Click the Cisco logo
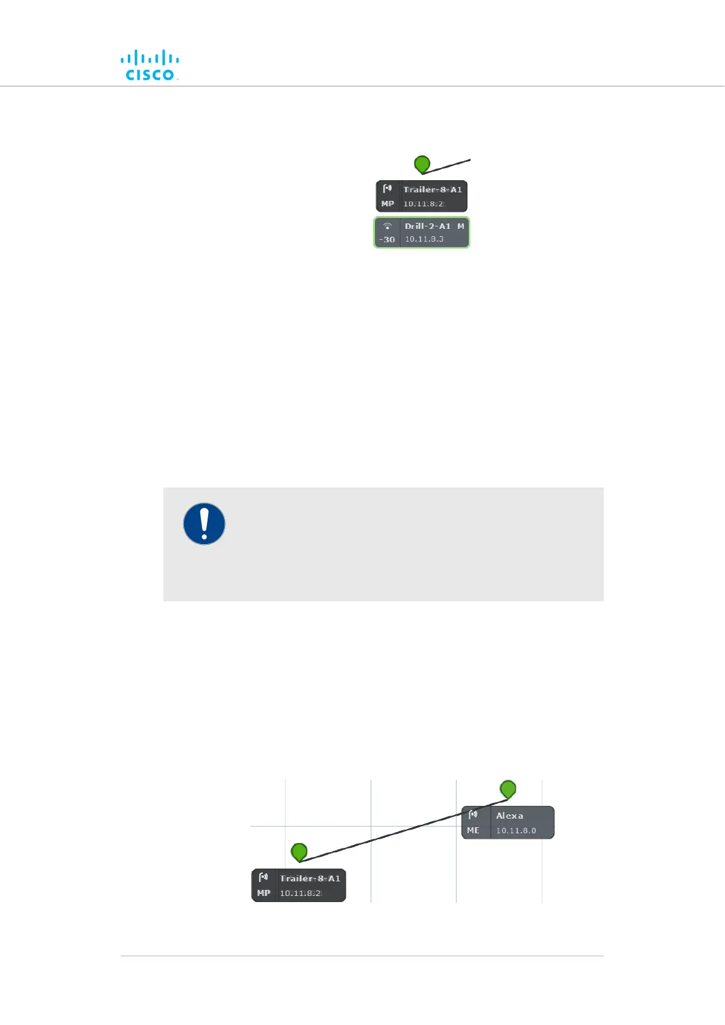pos(150,65)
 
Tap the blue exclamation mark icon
pos(205,523)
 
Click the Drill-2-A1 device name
pos(427,226)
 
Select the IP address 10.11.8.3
pos(424,239)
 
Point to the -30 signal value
pos(387,240)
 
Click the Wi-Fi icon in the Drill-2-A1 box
pos(387,226)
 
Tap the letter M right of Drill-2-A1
pos(461,226)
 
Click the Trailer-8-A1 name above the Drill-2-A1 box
pos(432,189)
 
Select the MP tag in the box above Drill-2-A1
pos(388,204)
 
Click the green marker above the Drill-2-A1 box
pos(422,164)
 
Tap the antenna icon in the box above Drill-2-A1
pos(387,188)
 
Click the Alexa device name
pos(510,816)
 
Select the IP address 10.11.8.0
pos(516,830)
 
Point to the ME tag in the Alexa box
pos(473,830)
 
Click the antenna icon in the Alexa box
pos(473,814)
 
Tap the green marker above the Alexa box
pos(508,789)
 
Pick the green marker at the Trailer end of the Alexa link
pos(299,852)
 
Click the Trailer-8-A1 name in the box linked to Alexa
pos(310,878)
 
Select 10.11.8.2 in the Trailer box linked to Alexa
pos(300,893)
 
